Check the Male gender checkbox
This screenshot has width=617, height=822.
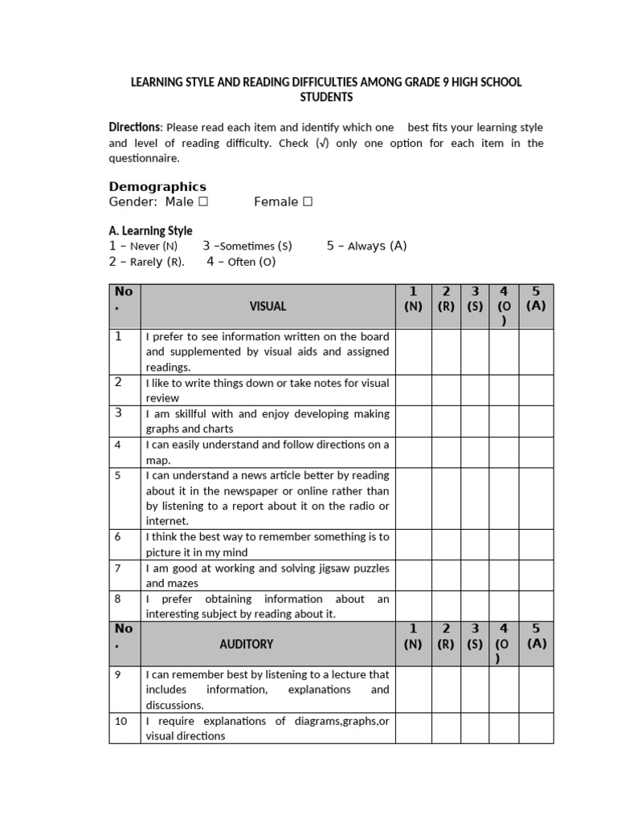click(x=203, y=202)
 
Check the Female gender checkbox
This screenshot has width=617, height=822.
click(x=307, y=202)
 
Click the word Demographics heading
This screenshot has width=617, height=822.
click(x=157, y=186)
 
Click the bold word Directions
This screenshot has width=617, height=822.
click(x=135, y=128)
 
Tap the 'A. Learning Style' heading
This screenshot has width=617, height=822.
click(x=150, y=231)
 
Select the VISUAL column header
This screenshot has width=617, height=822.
click(x=268, y=306)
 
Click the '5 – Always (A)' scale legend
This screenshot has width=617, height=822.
click(x=366, y=246)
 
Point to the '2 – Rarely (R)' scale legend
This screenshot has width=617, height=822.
click(x=147, y=262)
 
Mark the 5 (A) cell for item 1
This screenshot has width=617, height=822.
click(x=536, y=352)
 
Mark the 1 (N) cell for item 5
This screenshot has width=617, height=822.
click(x=414, y=498)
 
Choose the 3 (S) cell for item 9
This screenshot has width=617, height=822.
click(x=475, y=690)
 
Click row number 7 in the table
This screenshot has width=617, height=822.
click(x=117, y=568)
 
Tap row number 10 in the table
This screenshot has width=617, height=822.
click(x=121, y=721)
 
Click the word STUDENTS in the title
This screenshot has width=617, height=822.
click(x=326, y=97)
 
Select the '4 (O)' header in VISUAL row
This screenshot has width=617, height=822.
click(x=504, y=306)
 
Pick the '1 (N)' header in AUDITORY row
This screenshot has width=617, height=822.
click(x=414, y=636)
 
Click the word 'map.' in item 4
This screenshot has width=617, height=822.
click(x=157, y=460)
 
